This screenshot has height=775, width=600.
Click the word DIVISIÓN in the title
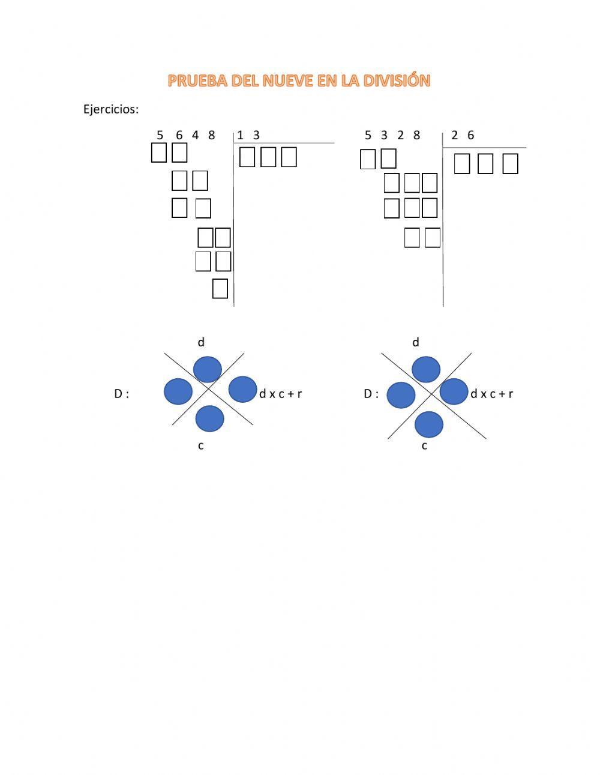click(398, 81)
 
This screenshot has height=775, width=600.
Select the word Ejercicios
click(111, 109)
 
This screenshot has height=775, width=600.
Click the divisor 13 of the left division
click(248, 135)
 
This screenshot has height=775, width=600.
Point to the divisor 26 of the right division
click(463, 135)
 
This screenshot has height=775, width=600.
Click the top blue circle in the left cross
click(208, 369)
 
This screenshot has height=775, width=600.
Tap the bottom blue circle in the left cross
click(210, 419)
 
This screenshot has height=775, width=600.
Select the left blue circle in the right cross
click(401, 395)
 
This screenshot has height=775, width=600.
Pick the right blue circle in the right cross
click(454, 391)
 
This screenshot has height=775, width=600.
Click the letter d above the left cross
click(201, 342)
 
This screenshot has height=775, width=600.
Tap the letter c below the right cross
click(424, 445)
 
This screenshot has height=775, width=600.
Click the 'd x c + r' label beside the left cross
click(280, 394)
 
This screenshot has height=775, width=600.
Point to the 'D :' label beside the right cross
click(371, 394)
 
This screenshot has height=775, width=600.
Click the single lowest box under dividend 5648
click(220, 289)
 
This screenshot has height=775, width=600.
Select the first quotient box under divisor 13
click(247, 157)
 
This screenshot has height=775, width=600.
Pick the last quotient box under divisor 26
click(510, 164)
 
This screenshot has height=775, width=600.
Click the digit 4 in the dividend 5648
click(196, 135)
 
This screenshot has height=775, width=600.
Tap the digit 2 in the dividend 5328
click(400, 135)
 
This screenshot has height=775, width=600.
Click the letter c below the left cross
click(201, 445)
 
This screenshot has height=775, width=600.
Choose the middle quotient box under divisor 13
click(268, 157)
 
